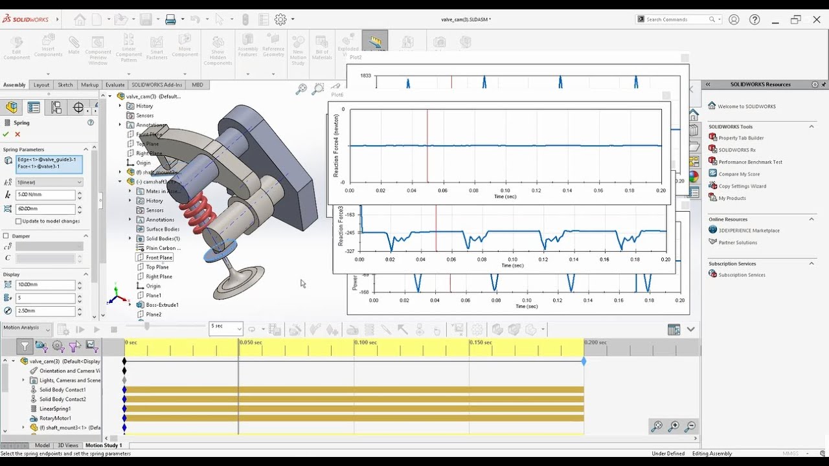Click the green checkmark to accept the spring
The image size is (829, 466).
[x=6, y=134]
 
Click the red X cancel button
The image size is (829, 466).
[x=17, y=134]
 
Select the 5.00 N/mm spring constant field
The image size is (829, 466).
[x=45, y=195]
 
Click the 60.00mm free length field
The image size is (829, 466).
[x=45, y=209]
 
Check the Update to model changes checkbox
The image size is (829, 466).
[x=18, y=221]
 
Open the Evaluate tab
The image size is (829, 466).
[x=115, y=85]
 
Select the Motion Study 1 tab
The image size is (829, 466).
[x=104, y=445]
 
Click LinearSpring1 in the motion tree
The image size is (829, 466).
[x=55, y=408]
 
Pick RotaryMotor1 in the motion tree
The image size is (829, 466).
[x=54, y=418]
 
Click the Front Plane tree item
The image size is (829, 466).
[x=159, y=258]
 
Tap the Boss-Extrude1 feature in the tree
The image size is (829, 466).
[x=162, y=305]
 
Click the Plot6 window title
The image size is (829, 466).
[x=337, y=95]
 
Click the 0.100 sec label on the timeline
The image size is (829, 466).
[x=367, y=342]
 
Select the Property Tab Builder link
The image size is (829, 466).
[x=741, y=138]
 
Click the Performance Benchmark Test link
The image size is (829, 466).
[x=750, y=162]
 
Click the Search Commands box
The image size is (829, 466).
[x=676, y=19]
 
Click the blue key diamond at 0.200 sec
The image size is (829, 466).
[x=584, y=362]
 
